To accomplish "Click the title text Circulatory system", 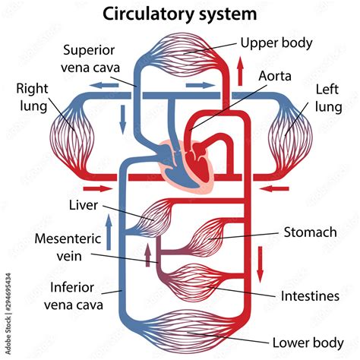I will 179,14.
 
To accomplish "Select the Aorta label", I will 273,77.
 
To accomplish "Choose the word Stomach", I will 310,232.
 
